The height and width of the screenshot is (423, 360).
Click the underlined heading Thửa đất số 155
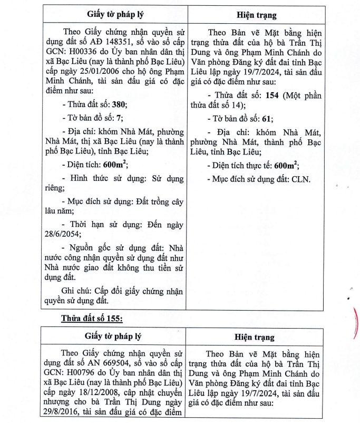click(x=92, y=319)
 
